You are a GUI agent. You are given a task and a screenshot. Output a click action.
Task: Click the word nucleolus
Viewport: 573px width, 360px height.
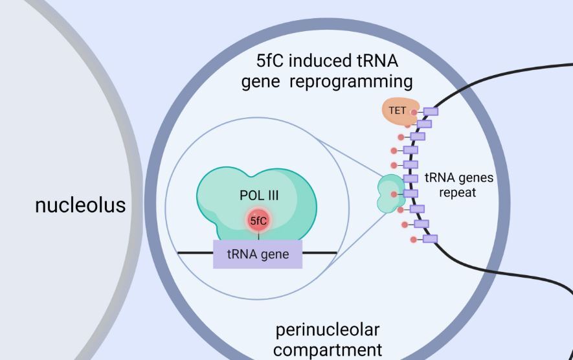(80, 205)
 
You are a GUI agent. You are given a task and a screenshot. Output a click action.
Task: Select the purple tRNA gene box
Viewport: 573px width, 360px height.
(257, 254)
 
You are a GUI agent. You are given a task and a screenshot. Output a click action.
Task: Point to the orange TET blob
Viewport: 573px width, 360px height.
(397, 110)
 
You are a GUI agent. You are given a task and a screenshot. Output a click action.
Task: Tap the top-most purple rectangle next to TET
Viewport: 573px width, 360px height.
(431, 111)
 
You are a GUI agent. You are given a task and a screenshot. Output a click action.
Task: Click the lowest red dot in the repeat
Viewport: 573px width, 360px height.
(413, 240)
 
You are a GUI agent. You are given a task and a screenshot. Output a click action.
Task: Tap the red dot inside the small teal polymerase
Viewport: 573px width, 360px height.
(394, 194)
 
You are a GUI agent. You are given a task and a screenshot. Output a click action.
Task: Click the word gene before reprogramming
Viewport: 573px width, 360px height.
(262, 82)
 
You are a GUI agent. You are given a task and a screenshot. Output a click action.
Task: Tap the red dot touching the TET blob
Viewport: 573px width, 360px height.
(414, 112)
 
